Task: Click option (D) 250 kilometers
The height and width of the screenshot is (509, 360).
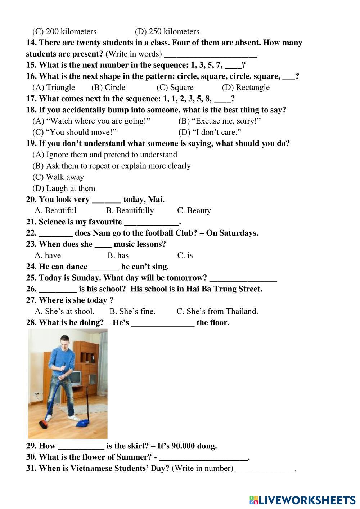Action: pos(167,32)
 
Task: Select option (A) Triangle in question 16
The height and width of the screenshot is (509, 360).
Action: pos(54,88)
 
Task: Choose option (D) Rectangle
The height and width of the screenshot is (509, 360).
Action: pos(246,88)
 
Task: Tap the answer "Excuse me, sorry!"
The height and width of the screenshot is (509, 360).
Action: pos(219,121)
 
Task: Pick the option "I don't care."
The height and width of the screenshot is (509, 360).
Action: pos(210,132)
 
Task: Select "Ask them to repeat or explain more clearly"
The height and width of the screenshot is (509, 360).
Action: pos(111,166)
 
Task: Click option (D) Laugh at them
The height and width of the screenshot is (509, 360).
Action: pos(64,188)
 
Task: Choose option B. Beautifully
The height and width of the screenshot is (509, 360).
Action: pos(130,211)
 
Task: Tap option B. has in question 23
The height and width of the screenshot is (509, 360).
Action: pos(118,255)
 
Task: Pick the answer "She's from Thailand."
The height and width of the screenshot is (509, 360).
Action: pos(217,311)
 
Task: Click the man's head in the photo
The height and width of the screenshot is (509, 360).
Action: pos(65,341)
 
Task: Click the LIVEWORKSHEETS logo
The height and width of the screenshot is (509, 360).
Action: pos(302,500)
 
